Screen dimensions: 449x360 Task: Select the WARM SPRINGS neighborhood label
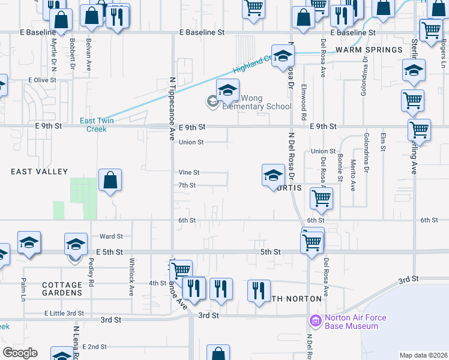tap(369, 50)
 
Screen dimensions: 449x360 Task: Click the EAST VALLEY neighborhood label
tap(40, 172)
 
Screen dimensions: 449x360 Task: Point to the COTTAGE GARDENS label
tap(62, 289)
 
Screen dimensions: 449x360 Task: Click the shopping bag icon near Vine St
tap(110, 179)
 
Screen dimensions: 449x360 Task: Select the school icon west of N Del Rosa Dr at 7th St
tap(273, 175)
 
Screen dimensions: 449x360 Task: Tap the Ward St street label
tap(111, 237)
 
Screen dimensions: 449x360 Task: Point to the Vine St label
tap(188, 172)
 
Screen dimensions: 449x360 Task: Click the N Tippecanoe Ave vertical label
tap(172, 109)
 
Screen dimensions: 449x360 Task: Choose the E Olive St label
tap(42, 79)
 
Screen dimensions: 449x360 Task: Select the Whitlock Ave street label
tap(132, 277)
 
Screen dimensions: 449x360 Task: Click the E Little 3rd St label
tap(64, 313)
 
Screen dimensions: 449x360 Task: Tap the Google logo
tap(20, 353)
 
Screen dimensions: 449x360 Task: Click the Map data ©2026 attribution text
tap(423, 355)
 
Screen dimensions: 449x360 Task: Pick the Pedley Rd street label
tap(91, 273)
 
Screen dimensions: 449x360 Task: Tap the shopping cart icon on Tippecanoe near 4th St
tap(180, 270)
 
